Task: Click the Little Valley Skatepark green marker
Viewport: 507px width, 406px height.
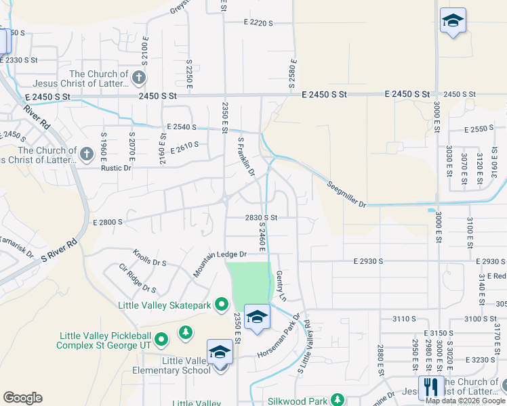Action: coord(221,306)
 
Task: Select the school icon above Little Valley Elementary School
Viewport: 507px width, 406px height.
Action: coord(220,353)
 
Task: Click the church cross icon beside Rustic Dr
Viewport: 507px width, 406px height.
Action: coord(86,154)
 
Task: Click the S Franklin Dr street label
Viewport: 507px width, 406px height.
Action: coord(246,158)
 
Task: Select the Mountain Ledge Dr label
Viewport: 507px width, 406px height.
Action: coord(220,260)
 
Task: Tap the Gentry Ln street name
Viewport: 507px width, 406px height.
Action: coord(281,286)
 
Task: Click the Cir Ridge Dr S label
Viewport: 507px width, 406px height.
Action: coord(137,278)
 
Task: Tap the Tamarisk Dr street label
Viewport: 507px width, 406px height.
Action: coord(16,246)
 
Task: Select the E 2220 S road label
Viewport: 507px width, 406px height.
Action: coord(258,23)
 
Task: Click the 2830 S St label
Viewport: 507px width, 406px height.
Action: coord(262,217)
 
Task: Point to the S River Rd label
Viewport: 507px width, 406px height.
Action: coord(60,250)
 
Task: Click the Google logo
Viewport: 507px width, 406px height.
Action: coord(22,398)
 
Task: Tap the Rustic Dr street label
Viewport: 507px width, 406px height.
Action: coord(116,168)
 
